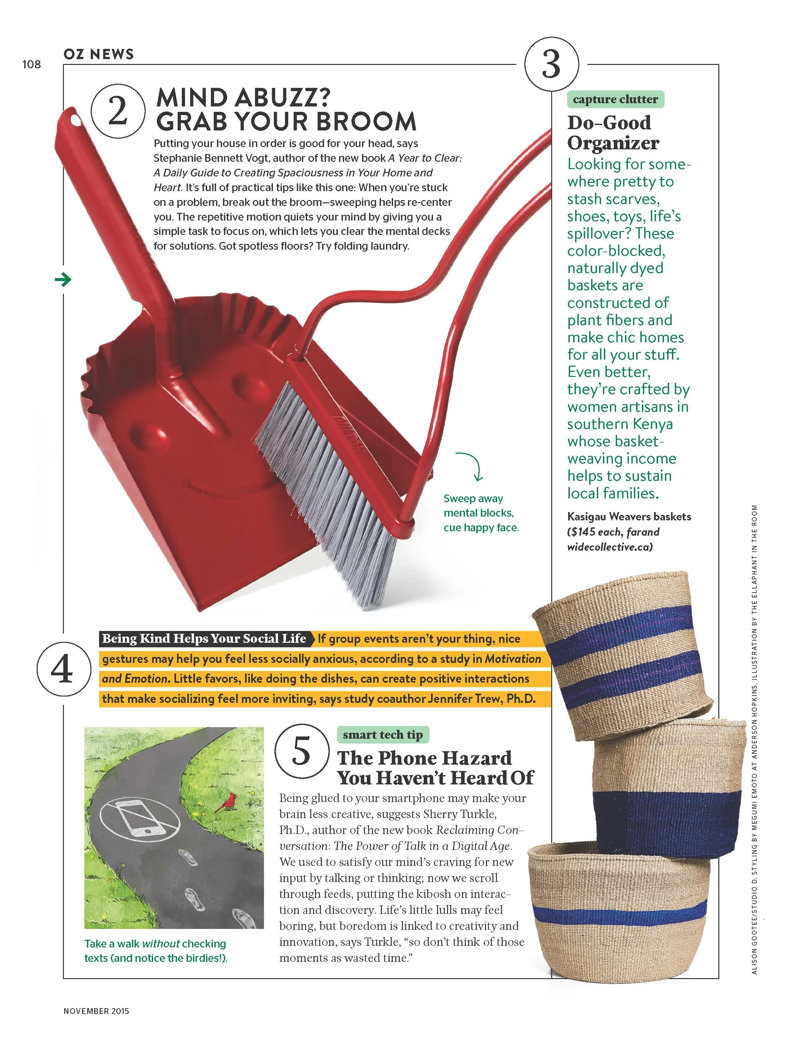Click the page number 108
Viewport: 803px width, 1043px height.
(x=31, y=65)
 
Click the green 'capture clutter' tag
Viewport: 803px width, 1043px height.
(x=615, y=99)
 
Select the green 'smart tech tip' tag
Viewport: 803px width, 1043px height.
(x=383, y=735)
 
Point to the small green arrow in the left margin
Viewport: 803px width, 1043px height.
(x=63, y=279)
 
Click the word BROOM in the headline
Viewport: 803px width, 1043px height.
(x=366, y=121)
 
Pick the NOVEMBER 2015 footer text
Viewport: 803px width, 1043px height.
(x=96, y=1011)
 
